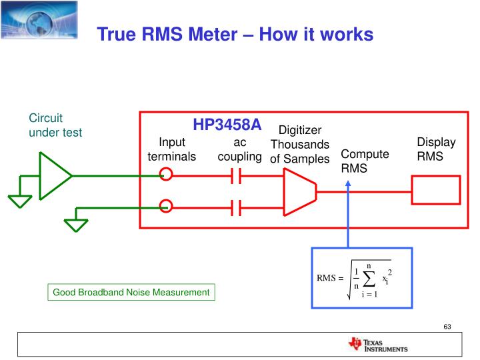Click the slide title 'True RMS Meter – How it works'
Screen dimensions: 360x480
[x=235, y=35]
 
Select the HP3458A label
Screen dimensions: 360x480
[x=227, y=125]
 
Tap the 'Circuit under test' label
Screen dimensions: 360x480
[x=55, y=125]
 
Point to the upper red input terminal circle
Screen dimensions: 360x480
[x=166, y=175]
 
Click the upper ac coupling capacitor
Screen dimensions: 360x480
[x=235, y=176]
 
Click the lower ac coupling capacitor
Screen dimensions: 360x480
[x=235, y=207]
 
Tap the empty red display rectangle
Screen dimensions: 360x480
[x=436, y=190]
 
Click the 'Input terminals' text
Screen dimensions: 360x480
[x=171, y=149]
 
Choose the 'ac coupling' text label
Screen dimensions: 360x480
[x=239, y=149]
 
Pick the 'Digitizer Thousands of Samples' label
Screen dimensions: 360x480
[x=299, y=144]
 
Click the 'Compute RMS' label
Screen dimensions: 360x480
[x=364, y=161]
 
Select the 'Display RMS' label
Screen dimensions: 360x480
[x=436, y=149]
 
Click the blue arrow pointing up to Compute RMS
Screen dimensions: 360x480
[x=347, y=213]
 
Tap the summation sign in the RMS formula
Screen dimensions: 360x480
[x=369, y=278]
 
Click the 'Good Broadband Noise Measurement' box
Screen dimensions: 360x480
[x=131, y=292]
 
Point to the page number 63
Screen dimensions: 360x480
[x=447, y=326]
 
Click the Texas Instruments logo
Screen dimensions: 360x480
[x=377, y=345]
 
